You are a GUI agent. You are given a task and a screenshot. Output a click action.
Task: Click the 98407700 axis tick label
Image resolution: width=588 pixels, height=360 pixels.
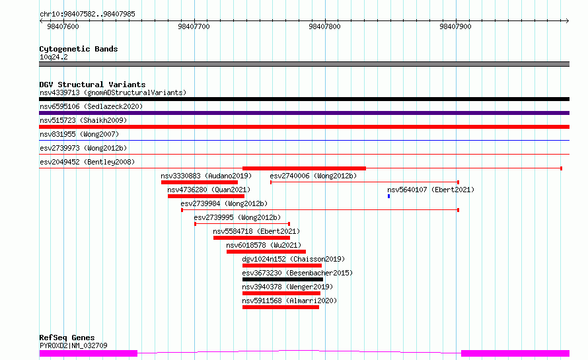pos(194,26)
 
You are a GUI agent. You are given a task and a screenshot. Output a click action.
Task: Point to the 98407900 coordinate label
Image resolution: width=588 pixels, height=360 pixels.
pos(455,26)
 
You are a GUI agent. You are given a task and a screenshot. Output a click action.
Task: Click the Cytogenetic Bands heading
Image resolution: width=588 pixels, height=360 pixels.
pos(79,49)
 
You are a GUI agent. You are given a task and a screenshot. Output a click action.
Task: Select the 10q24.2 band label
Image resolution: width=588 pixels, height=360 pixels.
pos(54,57)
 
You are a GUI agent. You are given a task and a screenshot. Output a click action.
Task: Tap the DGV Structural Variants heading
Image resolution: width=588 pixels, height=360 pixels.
pos(92,85)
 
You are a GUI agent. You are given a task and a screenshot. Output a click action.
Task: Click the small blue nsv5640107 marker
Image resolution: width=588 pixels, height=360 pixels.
pos(389,196)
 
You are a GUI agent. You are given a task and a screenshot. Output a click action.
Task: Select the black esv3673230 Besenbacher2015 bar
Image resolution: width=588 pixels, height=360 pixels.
pos(283,279)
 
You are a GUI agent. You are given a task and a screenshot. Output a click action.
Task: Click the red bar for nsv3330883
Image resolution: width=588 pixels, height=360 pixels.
pos(200,182)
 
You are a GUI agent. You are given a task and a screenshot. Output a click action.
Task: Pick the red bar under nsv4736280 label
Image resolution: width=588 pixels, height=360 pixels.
pos(206,196)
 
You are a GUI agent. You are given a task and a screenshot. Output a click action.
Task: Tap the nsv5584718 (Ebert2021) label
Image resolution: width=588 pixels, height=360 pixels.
pos(256,231)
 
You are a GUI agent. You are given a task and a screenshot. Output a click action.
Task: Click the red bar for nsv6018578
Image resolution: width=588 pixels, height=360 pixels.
pos(266,252)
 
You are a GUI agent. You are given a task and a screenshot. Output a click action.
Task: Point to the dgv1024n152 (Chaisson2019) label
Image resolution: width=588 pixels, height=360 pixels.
pos(293,259)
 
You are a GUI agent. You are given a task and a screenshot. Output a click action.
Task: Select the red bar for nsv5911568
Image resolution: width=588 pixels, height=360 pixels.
pos(281,307)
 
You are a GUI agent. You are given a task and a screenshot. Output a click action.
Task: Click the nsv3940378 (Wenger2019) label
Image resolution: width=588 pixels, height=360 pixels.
pos(287,287)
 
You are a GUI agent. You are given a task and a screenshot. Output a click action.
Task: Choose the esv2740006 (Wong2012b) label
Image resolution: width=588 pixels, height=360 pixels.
pos(313,176)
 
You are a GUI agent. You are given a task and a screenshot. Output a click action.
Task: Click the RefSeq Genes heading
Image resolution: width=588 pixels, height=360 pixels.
pos(67,338)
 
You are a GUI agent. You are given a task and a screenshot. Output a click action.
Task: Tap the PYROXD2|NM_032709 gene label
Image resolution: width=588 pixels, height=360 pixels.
pos(73,345)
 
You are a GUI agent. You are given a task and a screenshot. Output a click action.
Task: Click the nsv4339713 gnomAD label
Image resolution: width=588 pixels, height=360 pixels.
pos(113,92)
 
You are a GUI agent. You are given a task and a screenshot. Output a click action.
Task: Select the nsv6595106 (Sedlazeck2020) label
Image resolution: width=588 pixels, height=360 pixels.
pos(91,106)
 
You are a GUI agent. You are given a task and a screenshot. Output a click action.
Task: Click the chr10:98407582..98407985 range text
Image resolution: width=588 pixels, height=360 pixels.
pos(87,15)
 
